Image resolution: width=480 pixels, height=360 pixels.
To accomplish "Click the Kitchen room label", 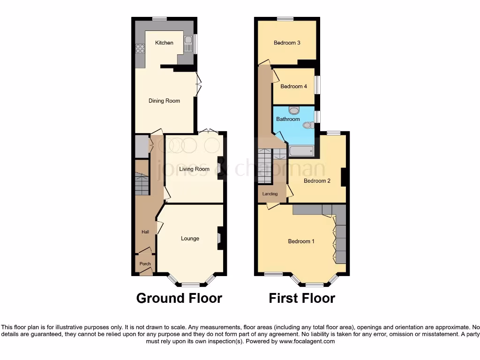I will pos(164,43).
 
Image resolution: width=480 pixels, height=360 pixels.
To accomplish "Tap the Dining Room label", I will pos(164,101).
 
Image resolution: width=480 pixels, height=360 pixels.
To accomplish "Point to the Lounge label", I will pos(190,239).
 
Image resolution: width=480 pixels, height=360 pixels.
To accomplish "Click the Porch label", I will pos(145,264).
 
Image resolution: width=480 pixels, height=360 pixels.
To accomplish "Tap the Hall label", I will pos(145,232).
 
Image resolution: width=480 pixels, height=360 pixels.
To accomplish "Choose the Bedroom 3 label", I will pos(287,43).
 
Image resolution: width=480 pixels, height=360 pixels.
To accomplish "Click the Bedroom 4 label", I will pos(293,86).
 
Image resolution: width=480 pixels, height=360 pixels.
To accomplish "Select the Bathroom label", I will pos(287,119).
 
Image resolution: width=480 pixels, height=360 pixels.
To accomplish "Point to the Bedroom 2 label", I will pos(317,181).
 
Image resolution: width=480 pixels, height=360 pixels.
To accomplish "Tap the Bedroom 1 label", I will pos(301,241).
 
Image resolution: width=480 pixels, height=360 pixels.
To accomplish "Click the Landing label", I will pos(270,194).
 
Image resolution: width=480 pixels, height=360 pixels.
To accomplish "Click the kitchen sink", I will pos(188,45).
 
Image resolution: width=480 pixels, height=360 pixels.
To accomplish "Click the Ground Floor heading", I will pos(179,298).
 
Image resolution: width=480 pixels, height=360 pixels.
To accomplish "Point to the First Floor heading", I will pos(302,298).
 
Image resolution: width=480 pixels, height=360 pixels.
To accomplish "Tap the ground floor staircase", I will pos(142,184).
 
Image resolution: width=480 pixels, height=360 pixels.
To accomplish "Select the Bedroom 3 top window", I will pos(285,18).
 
